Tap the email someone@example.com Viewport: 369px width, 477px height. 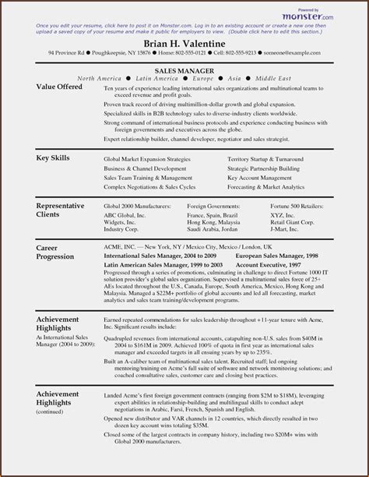click(x=293, y=53)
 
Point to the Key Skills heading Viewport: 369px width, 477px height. click(x=53, y=157)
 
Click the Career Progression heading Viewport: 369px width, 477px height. click(x=58, y=253)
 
